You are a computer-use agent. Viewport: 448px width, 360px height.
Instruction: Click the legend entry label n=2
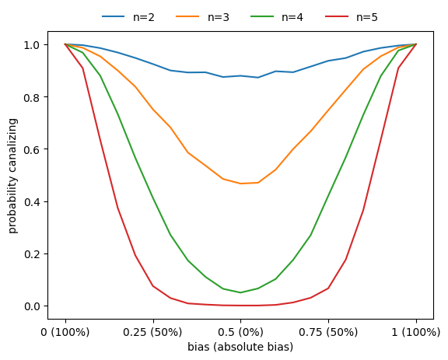[x=142, y=16]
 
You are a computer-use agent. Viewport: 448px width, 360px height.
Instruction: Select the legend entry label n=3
[x=219, y=16]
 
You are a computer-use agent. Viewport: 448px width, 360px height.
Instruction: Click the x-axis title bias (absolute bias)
[x=240, y=347]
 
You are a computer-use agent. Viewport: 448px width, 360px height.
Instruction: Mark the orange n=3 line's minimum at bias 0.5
[x=240, y=183]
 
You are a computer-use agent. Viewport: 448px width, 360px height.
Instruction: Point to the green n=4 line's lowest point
[x=240, y=292]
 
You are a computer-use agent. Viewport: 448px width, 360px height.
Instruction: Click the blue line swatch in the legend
[x=114, y=16]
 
